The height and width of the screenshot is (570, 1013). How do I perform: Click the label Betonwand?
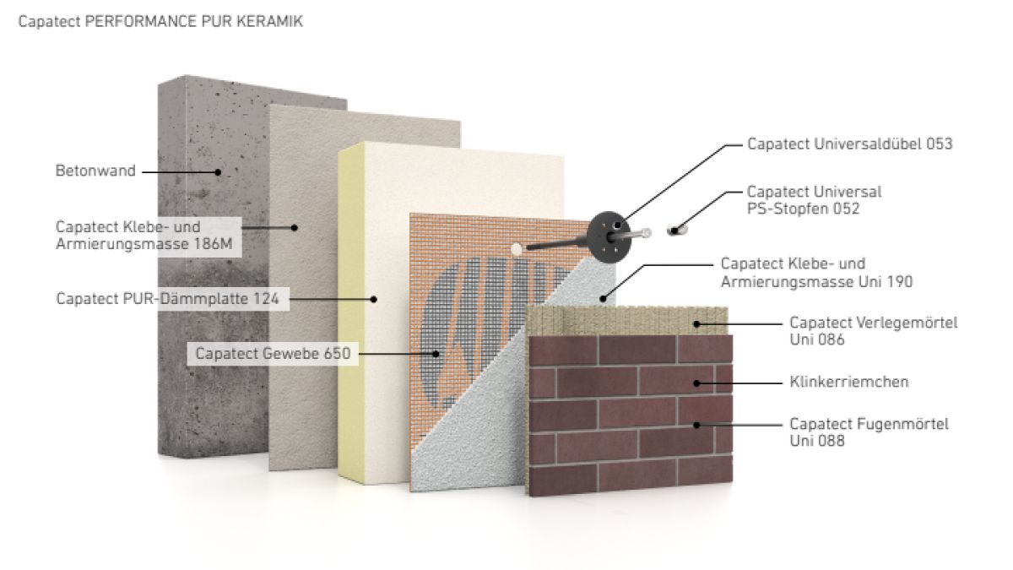tap(95, 171)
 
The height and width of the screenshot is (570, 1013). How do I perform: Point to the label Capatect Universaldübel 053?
tap(849, 144)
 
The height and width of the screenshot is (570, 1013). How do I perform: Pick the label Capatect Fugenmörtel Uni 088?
tap(869, 432)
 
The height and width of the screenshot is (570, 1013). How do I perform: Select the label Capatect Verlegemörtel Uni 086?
tap(874, 331)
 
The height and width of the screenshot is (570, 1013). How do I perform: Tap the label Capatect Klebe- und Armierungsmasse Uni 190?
tap(816, 273)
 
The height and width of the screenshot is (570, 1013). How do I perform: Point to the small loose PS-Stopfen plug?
tap(676, 227)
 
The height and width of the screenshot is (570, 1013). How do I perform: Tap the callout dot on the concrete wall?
tap(217, 171)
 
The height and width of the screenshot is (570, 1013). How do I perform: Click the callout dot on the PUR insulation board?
tap(375, 298)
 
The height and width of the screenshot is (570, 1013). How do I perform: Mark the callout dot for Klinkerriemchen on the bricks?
tap(696, 383)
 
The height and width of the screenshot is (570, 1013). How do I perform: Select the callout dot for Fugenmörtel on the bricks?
tap(696, 424)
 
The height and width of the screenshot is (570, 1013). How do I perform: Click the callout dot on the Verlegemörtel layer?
tap(696, 323)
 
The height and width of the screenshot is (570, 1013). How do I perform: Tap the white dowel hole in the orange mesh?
tap(517, 248)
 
